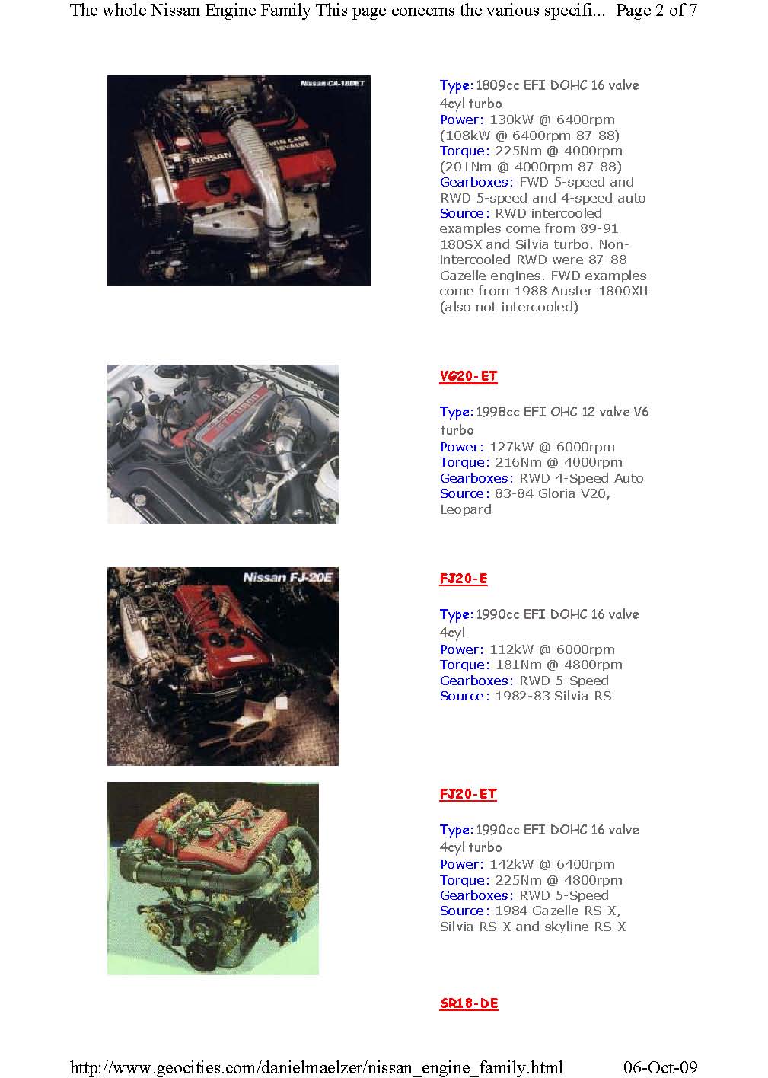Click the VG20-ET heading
468,376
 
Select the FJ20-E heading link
464,578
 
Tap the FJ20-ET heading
468,793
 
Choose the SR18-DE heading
469,1003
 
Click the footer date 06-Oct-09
660,1067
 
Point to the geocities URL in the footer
316,1067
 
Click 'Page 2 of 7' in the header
656,10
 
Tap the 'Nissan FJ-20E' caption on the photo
287,577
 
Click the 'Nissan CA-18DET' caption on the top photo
333,83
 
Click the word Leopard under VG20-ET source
466,509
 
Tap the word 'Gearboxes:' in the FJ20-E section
476,681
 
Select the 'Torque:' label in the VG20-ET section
464,462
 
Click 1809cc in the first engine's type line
498,85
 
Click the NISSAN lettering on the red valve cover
212,158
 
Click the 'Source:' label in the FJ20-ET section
464,911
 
